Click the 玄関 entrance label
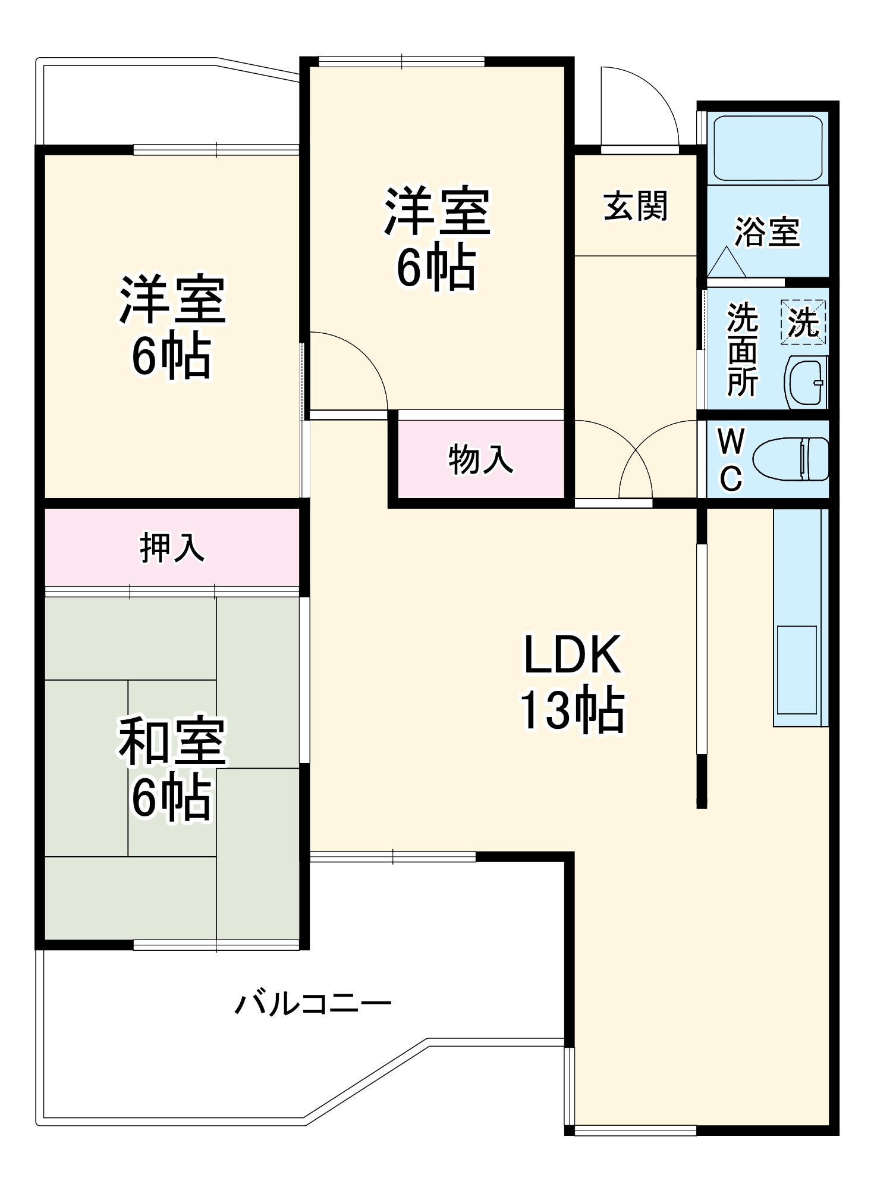click(636, 206)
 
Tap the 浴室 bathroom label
click(767, 231)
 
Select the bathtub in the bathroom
click(768, 148)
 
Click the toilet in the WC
click(791, 459)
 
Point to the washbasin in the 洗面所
click(806, 382)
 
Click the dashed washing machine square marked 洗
click(803, 322)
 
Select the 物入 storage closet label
click(480, 459)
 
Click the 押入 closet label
click(172, 547)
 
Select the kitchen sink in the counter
click(797, 669)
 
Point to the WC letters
click(731, 459)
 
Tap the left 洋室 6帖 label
click(172, 327)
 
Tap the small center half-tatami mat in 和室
click(172, 768)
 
